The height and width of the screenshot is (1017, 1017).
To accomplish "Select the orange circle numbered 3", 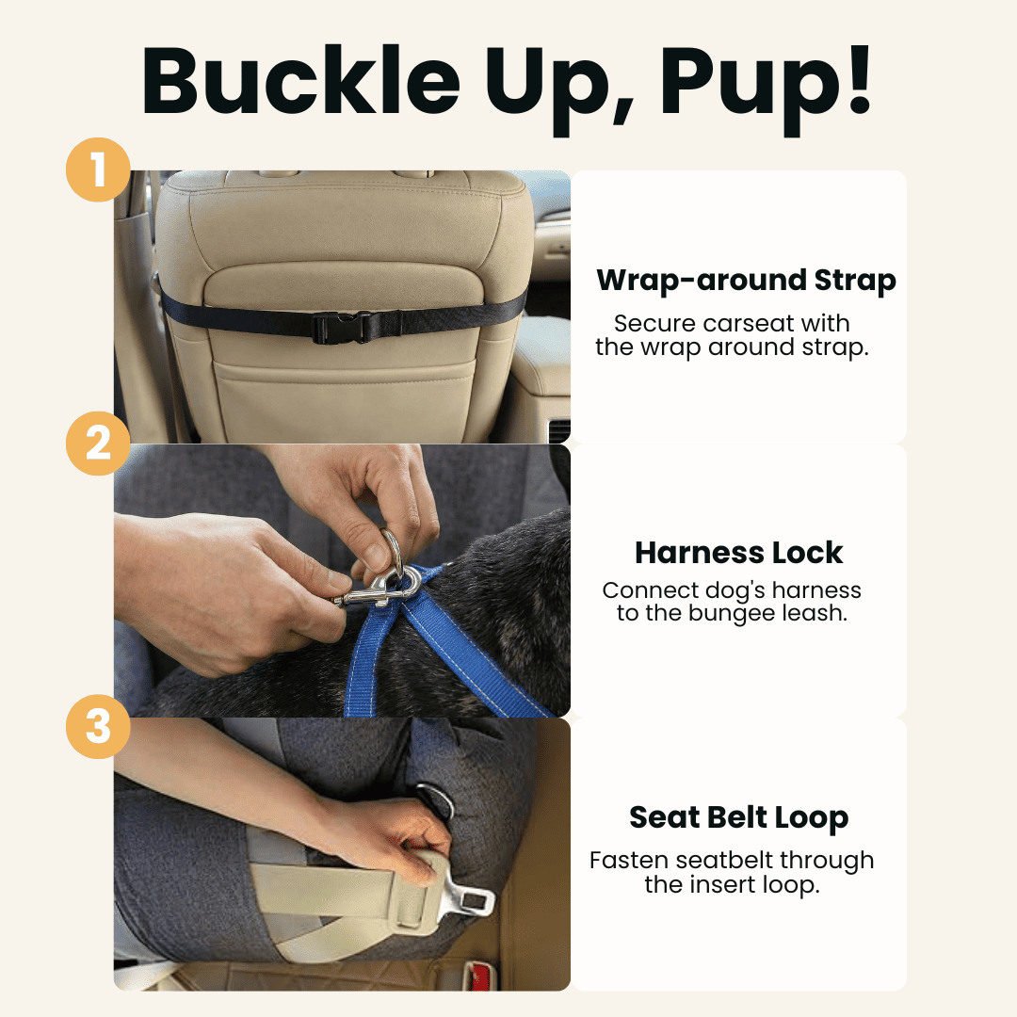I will pos(98,727).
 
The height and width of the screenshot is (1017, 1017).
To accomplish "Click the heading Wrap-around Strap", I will pos(746,280).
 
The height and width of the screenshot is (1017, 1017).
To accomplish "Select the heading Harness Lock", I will pos(739,552).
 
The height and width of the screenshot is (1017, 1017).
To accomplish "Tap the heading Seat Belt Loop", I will pos(739,817).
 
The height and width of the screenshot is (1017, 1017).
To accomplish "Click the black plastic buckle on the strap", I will pos(344,326).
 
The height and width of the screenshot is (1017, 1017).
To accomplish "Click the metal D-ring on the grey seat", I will pos(435,800).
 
